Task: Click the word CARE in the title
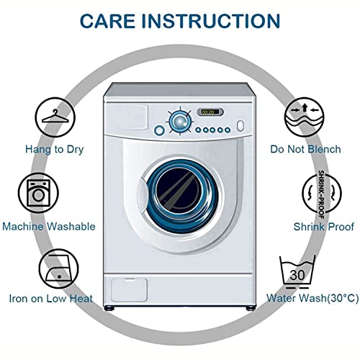(108, 21)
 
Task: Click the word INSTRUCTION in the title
(211, 21)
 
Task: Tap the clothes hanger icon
(55, 117)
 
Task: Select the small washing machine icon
(38, 193)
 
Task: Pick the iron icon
(59, 269)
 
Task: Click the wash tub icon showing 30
(297, 272)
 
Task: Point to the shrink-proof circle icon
(322, 193)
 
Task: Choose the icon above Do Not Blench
(305, 117)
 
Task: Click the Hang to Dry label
(55, 150)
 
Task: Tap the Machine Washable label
(49, 227)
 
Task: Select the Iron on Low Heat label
(50, 299)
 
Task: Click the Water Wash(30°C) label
(312, 298)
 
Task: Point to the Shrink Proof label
(324, 227)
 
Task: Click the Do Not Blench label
(305, 149)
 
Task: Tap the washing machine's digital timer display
(210, 112)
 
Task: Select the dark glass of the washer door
(179, 189)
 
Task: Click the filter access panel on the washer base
(129, 289)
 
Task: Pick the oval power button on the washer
(240, 125)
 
